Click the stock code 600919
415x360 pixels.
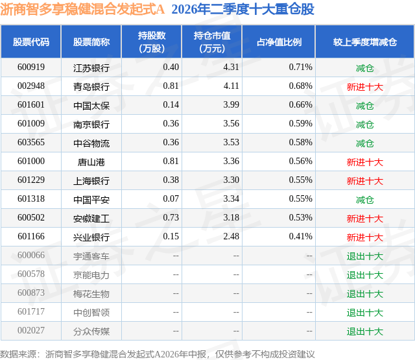tap(31, 67)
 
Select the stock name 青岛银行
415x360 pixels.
tap(91, 86)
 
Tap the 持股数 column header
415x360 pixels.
tap(152, 42)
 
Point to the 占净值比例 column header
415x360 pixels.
tap(279, 42)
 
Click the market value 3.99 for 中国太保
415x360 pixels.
tap(231, 105)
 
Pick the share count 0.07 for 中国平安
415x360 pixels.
tap(171, 198)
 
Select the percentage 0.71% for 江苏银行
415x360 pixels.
tap(300, 67)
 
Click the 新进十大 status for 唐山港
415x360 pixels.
tap(364, 162)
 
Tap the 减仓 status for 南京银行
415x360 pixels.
tap(364, 124)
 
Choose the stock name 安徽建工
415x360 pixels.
tap(91, 219)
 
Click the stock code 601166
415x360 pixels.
tap(31, 236)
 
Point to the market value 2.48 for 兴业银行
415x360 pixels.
tap(231, 236)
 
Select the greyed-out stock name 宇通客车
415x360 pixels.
tap(91, 256)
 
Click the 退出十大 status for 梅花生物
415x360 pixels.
tap(364, 294)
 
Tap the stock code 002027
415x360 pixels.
tap(31, 330)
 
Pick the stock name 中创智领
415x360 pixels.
tap(91, 313)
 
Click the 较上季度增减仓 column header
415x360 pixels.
tap(364, 42)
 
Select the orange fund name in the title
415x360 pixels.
tap(82, 9)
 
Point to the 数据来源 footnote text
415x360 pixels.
tap(157, 354)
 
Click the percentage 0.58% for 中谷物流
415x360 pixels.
tap(300, 143)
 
